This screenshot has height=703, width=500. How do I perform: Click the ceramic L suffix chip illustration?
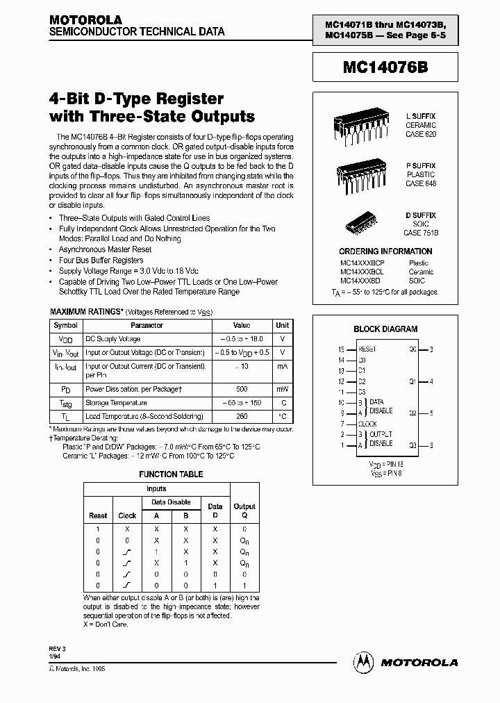coord(358,124)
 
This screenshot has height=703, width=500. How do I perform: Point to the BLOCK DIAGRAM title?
coord(385,329)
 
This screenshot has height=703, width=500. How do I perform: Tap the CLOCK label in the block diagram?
coord(367,424)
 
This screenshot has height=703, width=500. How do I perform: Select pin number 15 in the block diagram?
coord(341,349)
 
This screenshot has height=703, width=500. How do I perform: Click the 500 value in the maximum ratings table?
coord(242,390)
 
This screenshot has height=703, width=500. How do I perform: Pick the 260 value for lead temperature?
coord(242,417)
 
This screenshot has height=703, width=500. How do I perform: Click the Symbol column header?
coord(66,325)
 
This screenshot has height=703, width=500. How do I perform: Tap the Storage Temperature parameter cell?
coord(116,403)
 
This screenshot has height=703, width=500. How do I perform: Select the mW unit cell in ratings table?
coord(283,390)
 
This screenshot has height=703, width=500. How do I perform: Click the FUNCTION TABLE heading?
coord(171,474)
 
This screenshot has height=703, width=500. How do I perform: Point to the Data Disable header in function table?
coord(171,502)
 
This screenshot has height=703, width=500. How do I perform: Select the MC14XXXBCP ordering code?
coord(362,263)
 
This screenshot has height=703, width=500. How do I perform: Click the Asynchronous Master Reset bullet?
coord(105,249)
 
